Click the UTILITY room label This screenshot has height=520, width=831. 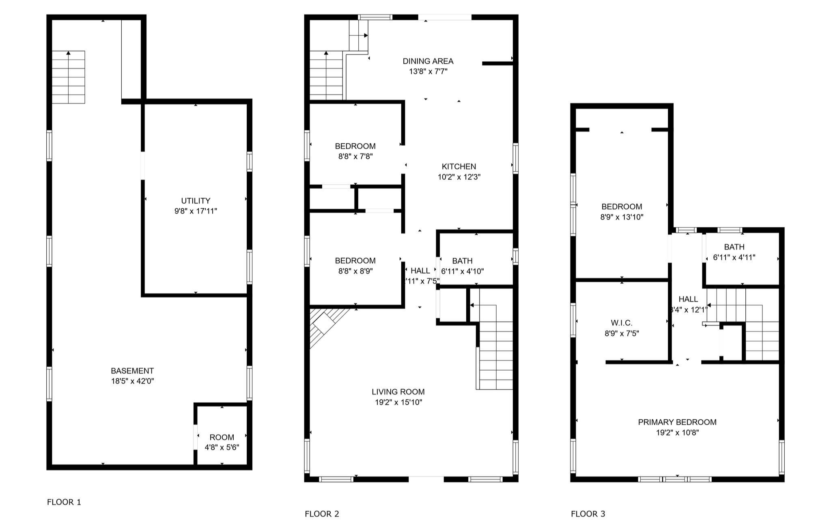coord(196,201)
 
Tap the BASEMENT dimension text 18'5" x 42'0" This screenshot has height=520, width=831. coord(132,381)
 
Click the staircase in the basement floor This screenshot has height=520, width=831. coord(68,77)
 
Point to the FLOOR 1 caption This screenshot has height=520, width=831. coord(64,502)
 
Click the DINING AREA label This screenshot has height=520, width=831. coord(428,61)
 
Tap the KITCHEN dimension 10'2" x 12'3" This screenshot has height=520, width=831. coord(459,177)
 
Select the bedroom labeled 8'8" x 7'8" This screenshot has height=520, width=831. coord(355,151)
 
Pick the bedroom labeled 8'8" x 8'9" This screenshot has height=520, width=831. coord(355,265)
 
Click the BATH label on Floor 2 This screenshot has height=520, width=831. coord(462,261)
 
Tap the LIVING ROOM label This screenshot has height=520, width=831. coord(398,392)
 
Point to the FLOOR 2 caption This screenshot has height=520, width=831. coord(322,514)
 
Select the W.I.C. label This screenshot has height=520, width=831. coord(621,323)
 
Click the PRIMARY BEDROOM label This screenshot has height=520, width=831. coord(677,422)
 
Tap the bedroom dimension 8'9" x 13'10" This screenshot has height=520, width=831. coord(622,217)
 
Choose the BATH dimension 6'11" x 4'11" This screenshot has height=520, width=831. coord(734,257)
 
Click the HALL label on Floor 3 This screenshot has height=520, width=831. coord(688,299)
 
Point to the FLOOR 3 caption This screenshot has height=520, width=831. coord(588,514)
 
